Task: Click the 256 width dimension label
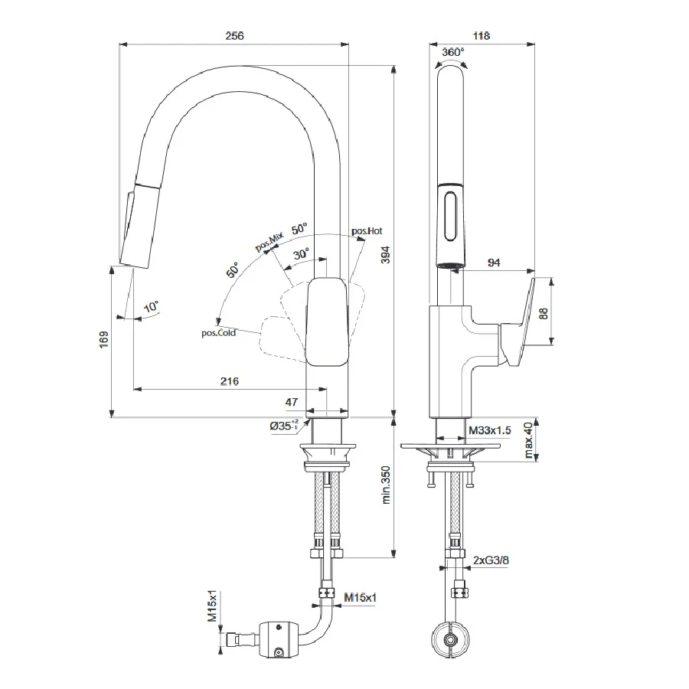tap(234, 35)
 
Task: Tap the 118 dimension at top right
tap(482, 35)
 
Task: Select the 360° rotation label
tap(452, 52)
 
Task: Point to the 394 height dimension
tap(385, 255)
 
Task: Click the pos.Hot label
tap(367, 230)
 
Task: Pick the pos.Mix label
tap(269, 242)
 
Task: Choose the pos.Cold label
tap(218, 333)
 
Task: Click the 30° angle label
tap(302, 253)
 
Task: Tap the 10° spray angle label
tap(151, 306)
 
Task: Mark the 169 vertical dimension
tap(103, 340)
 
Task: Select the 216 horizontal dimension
tap(230, 381)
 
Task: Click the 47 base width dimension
tap(292, 402)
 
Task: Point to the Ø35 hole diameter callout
tap(284, 425)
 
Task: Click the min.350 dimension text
tap(386, 485)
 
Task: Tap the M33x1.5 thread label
tap(489, 430)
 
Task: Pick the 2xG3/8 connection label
tap(491, 560)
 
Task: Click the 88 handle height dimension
tap(544, 313)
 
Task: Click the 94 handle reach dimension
tap(494, 263)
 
